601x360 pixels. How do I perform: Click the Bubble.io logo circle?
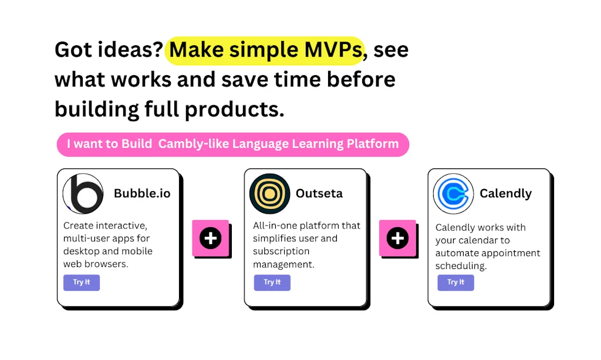[83, 194]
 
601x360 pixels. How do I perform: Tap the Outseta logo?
[269, 194]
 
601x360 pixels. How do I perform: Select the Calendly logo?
[454, 194]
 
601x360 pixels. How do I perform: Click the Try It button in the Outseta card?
[272, 282]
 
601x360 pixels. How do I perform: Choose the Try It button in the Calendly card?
[455, 282]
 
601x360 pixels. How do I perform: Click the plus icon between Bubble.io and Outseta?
[211, 238]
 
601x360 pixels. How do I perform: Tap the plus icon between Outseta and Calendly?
[397, 238]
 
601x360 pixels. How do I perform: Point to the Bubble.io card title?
[142, 193]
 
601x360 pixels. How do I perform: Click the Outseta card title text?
[319, 193]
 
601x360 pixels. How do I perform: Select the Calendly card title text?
[505, 194]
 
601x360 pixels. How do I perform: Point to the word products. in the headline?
[235, 110]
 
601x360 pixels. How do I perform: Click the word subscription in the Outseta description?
[281, 251]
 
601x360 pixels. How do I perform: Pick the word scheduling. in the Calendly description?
[461, 266]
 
